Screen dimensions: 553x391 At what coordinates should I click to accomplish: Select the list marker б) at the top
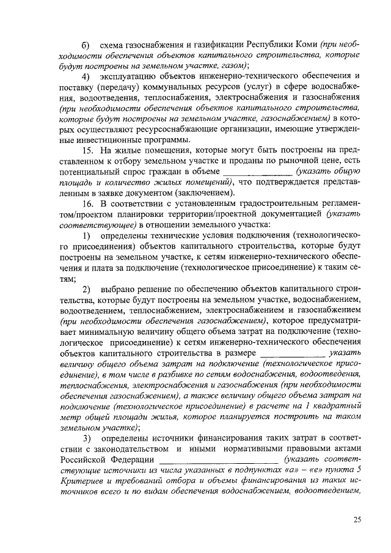click(86, 45)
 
